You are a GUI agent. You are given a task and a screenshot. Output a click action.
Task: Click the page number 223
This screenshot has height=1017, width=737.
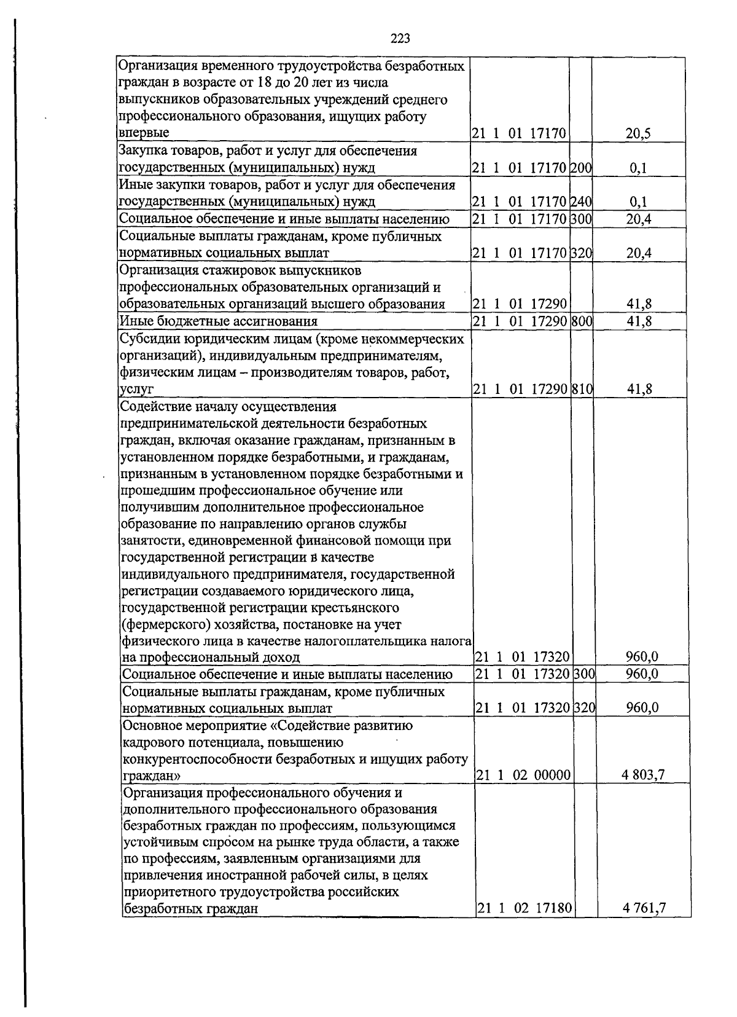pyautogui.click(x=400, y=39)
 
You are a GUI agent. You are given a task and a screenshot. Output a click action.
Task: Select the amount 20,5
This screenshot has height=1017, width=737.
pyautogui.click(x=638, y=133)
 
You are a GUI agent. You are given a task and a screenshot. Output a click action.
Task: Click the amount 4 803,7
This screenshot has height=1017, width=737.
pyautogui.click(x=642, y=775)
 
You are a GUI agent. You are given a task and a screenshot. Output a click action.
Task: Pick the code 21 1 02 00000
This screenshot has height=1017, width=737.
pyautogui.click(x=523, y=776)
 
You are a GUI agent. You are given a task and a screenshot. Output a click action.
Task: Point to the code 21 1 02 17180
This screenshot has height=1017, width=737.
pyautogui.click(x=524, y=908)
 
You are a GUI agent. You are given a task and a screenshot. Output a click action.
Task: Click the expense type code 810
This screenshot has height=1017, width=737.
pyautogui.click(x=581, y=388)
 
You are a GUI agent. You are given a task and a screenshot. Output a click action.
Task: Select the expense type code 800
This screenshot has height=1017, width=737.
pyautogui.click(x=581, y=321)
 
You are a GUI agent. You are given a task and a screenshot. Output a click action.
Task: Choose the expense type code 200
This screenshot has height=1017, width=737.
pyautogui.click(x=580, y=167)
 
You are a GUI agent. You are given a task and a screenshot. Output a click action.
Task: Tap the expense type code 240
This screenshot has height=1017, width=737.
pyautogui.click(x=580, y=201)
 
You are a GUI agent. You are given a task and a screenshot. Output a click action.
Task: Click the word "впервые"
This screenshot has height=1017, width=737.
pyautogui.click(x=144, y=133)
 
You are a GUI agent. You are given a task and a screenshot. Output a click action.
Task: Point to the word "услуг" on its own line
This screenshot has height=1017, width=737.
pyautogui.click(x=136, y=389)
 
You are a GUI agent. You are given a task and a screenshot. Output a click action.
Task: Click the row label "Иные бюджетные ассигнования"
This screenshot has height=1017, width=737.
pyautogui.click(x=219, y=321)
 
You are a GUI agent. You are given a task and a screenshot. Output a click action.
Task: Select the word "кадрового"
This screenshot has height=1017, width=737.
pyautogui.click(x=151, y=742)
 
